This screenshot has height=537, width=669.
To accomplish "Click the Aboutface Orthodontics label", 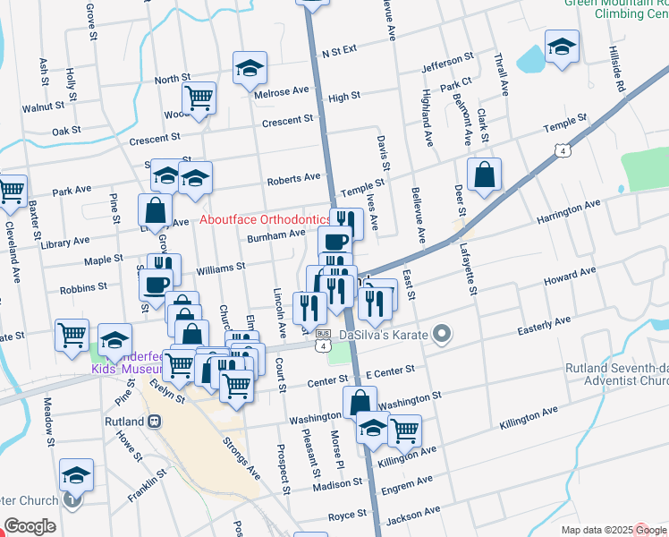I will coord(264,219).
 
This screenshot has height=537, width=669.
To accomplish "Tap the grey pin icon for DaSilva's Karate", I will coord(439,335).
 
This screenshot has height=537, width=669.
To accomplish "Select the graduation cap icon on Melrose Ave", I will coord(250,68).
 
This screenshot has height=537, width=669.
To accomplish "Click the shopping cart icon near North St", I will coord(199,97).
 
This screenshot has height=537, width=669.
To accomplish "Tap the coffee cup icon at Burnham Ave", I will coord(335,242).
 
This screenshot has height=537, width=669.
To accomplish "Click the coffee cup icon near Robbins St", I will coord(157,285).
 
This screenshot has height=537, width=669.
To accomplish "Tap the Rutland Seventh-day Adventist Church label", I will coord(617,375).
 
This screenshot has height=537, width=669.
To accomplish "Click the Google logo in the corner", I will coord(30,525).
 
